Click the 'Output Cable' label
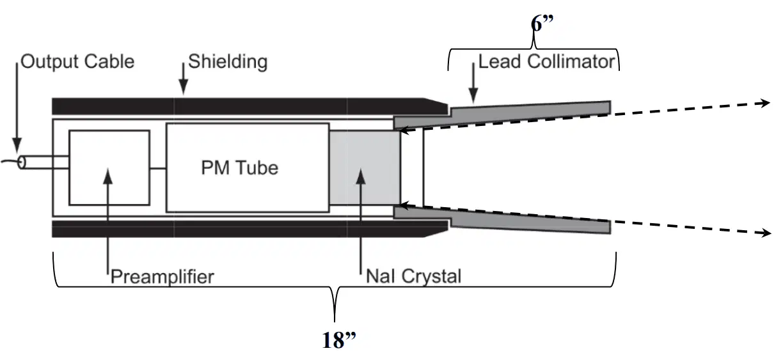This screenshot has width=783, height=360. click(x=77, y=62)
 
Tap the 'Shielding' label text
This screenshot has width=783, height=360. click(x=228, y=62)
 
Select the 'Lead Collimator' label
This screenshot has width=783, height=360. click(x=546, y=62)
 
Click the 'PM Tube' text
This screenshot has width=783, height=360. click(x=240, y=168)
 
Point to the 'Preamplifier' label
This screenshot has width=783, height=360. click(x=162, y=277)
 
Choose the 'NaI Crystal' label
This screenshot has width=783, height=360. click(x=413, y=276)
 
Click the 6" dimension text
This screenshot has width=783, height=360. click(x=542, y=24)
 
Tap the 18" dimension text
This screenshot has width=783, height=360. click(x=338, y=340)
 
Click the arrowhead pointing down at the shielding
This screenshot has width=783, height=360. click(x=184, y=87)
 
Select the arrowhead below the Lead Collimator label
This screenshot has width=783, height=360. click(x=473, y=95)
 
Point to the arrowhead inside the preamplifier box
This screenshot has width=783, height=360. click(x=108, y=176)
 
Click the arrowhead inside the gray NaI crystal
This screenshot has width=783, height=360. click(x=361, y=176)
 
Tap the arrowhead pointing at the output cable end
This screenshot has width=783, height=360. click(x=17, y=145)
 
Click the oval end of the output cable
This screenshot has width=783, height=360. click(x=22, y=162)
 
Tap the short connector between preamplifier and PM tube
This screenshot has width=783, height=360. click(x=158, y=168)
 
